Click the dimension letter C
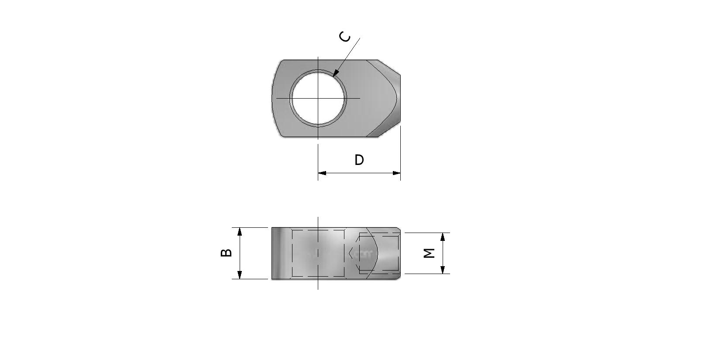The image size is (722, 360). (345, 37)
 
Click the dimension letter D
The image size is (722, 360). (359, 160)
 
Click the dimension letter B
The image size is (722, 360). (226, 253)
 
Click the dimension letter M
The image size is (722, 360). (430, 253)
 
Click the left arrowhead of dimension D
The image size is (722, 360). (322, 173)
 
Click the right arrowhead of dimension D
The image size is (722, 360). (396, 173)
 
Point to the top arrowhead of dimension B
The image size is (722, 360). (240, 231)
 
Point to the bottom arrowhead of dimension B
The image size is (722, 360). (240, 275)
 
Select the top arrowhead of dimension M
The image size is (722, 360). (443, 237)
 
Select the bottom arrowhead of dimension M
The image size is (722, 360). (443, 270)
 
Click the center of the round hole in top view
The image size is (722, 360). (318, 98)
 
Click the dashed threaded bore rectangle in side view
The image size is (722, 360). (379, 234)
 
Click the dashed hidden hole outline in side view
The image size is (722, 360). (318, 230)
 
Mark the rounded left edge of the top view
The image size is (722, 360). (273, 98)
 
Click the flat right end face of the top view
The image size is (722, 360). (400, 98)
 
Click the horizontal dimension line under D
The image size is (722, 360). (359, 173)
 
